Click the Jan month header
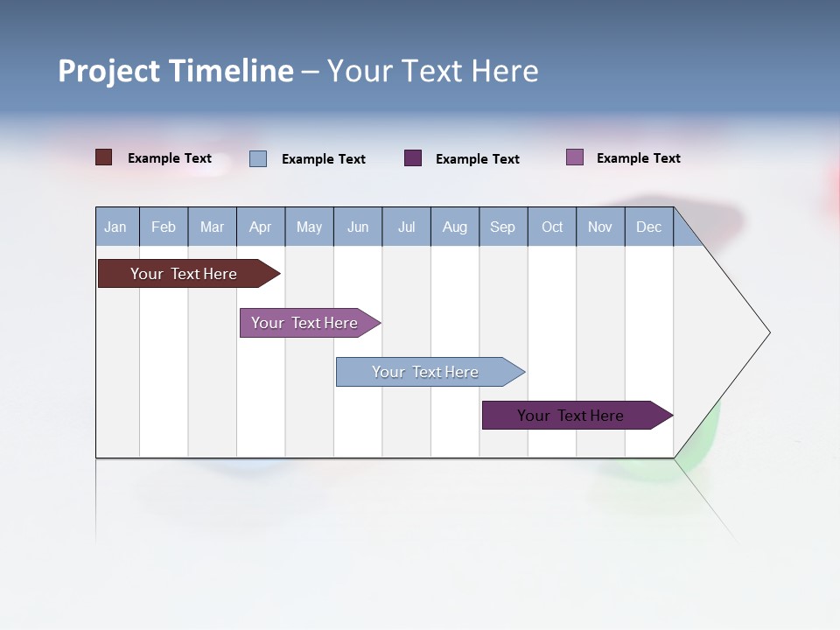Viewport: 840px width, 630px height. point(115,227)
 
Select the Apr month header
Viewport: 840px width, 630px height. point(260,227)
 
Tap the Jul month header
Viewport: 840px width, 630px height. point(406,227)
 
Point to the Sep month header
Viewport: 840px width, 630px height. point(502,227)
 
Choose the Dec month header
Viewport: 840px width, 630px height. point(648,227)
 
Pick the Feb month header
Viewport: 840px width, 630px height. point(164,227)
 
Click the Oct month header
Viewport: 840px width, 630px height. point(552,227)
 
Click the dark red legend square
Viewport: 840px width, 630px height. point(103,157)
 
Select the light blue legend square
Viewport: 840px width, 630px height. point(258,158)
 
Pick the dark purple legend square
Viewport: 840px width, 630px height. point(413,158)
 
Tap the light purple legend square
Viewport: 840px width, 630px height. point(575,157)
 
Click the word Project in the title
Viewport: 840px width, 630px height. point(109,71)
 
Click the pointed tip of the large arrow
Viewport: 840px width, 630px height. point(767,332)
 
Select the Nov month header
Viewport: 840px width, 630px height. point(600,227)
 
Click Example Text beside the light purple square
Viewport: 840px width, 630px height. point(638,158)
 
